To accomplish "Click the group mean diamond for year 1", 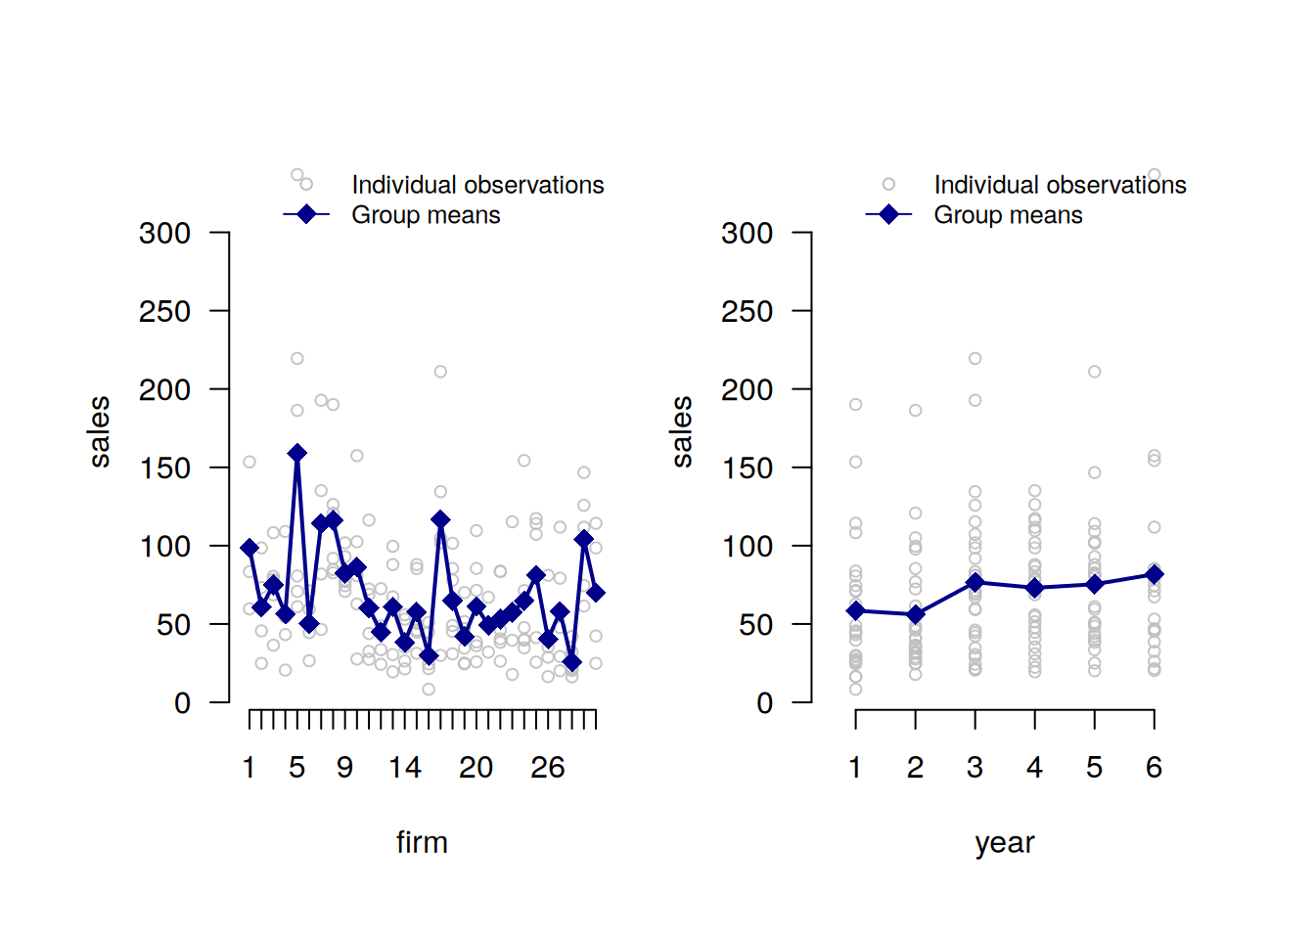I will pyautogui.click(x=856, y=610).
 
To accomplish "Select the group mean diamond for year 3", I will pyautogui.click(x=975, y=582).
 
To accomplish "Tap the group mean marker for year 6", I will pyautogui.click(x=1155, y=574).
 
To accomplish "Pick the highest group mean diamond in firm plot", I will pyautogui.click(x=297, y=453).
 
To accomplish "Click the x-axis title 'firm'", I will pyautogui.click(x=422, y=842).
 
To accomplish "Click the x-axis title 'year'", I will pyautogui.click(x=1005, y=842).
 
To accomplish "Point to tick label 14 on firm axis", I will pyautogui.click(x=405, y=768).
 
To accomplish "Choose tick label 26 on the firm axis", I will pyautogui.click(x=548, y=768).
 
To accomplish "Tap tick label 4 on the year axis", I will pyautogui.click(x=1035, y=768).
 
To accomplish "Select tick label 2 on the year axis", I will pyautogui.click(x=916, y=768).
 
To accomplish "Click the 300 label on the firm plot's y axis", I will pyautogui.click(x=164, y=234).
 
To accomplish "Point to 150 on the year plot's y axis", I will pyautogui.click(x=748, y=469).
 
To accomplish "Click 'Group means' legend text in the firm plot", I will pyautogui.click(x=426, y=215).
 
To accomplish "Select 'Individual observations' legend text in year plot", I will pyautogui.click(x=1060, y=185).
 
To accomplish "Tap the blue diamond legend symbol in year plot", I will pyautogui.click(x=888, y=214).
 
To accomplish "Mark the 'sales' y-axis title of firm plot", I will pyautogui.click(x=100, y=431).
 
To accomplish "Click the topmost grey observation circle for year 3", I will pyautogui.click(x=975, y=359).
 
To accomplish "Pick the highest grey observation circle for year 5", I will pyautogui.click(x=1095, y=372).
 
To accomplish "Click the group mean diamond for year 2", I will pyautogui.click(x=916, y=614).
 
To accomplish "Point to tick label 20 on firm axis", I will pyautogui.click(x=476, y=768).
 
